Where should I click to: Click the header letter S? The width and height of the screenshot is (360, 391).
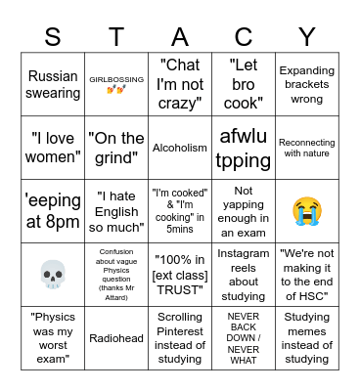point(53,36)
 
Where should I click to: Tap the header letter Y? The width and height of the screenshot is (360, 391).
point(307,36)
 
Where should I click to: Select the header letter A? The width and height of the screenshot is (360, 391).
point(180,36)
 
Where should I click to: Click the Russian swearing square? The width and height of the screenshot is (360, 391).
point(53,85)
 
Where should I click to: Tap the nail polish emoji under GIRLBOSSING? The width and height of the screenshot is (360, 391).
point(116,91)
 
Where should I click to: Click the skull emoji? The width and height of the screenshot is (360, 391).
point(53,274)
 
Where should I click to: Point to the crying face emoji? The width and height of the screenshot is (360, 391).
point(307,210)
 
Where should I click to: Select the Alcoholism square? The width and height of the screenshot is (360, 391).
point(180,148)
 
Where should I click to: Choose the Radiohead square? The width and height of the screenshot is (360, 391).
point(116,337)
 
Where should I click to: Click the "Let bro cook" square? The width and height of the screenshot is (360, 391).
point(244,85)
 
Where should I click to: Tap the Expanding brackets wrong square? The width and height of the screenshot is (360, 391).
point(307,85)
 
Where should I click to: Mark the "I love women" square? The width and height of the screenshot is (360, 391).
point(53,148)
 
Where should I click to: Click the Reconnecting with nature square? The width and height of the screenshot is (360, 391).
point(307,148)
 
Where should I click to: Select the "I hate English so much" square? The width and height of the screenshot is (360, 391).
point(116,210)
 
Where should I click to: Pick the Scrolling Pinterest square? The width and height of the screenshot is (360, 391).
point(180,337)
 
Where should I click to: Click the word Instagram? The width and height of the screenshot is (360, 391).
point(244,254)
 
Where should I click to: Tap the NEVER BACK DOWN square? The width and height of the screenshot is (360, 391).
point(244,337)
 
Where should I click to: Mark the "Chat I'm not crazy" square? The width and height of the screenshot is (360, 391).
point(180,85)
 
